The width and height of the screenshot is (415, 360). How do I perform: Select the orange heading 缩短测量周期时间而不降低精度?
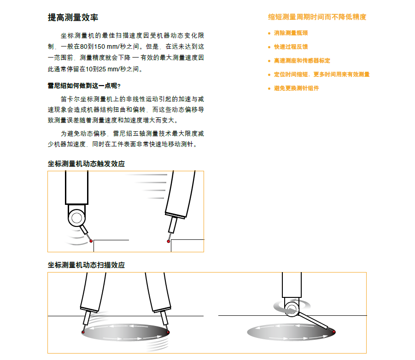click(317, 17)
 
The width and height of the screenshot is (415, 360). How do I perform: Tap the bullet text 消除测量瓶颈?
click(291, 33)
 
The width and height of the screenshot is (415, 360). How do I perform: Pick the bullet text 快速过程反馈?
click(291, 47)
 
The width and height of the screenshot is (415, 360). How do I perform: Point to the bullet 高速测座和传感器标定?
click(302, 61)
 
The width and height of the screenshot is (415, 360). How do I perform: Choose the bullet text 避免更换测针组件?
click(296, 88)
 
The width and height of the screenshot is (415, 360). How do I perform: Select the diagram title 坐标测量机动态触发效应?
click(86, 164)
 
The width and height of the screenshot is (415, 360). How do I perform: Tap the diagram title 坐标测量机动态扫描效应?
click(86, 265)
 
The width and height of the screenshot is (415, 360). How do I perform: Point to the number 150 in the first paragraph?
click(100, 47)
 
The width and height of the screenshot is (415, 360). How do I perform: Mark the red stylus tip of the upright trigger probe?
click(91, 241)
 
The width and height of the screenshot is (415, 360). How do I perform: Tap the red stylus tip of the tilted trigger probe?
click(169, 240)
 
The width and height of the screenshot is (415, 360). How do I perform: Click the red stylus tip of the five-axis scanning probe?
click(334, 331)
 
